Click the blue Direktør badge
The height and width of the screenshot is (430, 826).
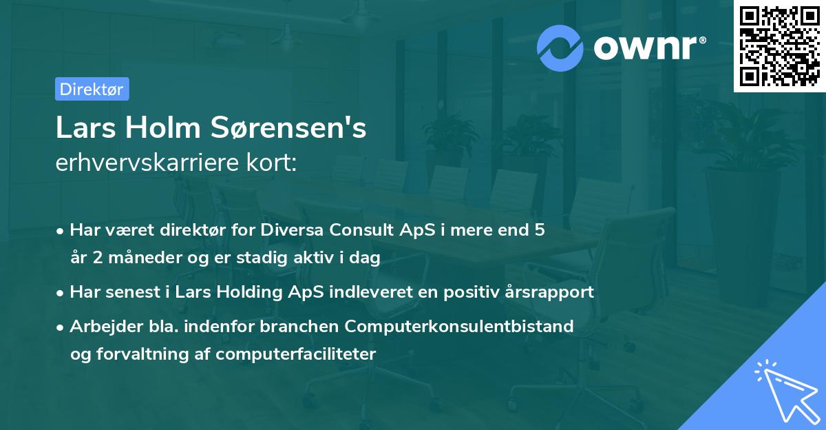92,89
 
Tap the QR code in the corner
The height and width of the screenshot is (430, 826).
779,46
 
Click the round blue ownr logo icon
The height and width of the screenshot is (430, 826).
560,48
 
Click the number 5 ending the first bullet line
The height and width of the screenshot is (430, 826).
540,230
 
